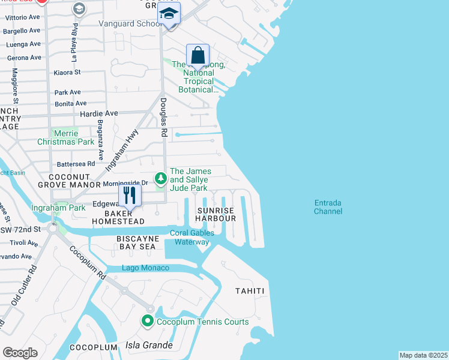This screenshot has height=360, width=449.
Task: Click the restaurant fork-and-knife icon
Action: pos(128,195)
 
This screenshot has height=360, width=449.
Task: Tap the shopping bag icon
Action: pos(197,56)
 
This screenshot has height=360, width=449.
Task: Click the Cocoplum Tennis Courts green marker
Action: pos(148,322)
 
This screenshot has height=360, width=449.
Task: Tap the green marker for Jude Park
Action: pos(160,179)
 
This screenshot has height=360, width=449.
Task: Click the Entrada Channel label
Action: pos(328,207)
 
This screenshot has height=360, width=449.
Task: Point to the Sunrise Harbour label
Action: pos(216,215)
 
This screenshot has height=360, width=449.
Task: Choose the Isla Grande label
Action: pos(149,346)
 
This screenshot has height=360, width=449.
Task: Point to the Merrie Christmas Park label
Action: pos(65,137)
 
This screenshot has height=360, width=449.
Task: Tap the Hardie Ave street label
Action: pos(99,113)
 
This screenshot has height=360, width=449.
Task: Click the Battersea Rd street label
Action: pos(75,163)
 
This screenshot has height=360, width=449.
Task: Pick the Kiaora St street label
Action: pos(67,72)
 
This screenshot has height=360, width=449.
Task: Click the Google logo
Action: pos(20,353)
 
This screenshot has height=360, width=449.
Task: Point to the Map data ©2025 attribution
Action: pos(423,355)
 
